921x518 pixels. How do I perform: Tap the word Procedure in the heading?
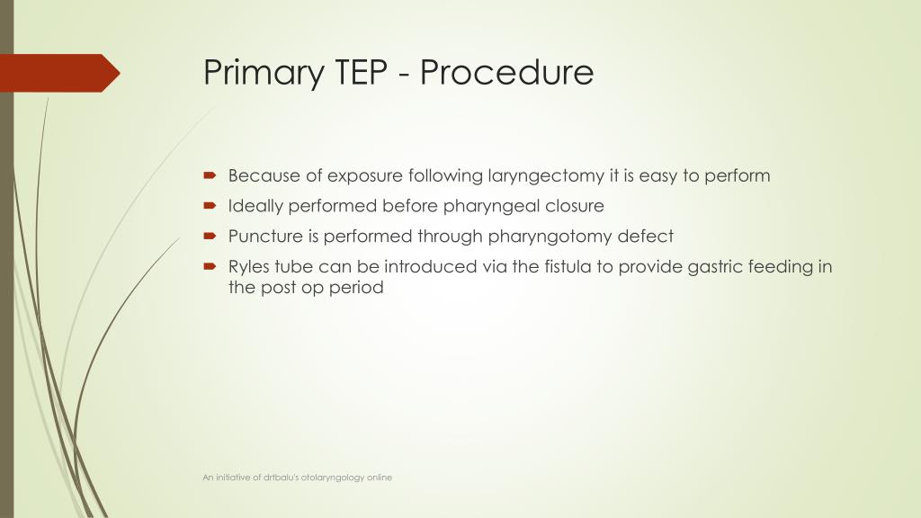coord(506,71)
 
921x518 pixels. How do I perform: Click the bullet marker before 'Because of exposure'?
coord(210,175)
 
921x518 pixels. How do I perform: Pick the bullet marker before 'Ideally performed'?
coord(210,206)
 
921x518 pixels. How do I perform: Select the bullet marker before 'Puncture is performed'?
coord(210,237)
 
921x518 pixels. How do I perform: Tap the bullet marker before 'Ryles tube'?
coord(210,267)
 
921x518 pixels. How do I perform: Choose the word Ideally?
coord(255,206)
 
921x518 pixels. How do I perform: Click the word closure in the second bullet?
coord(575,206)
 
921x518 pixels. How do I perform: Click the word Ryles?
coord(249,267)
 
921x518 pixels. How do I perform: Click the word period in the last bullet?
coord(358,289)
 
